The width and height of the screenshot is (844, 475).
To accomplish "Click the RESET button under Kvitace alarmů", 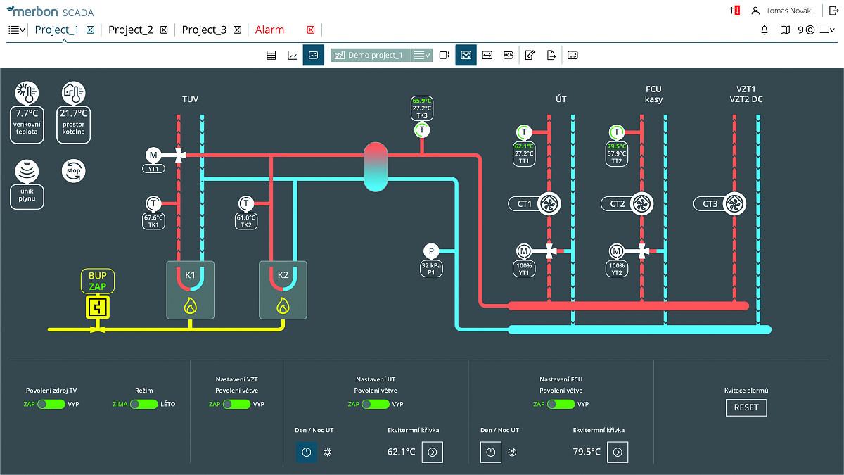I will pos(746,407).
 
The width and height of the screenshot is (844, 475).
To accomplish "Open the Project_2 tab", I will pos(131,30).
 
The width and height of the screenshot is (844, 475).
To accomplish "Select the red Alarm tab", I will pos(269,30).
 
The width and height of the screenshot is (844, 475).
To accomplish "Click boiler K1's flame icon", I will pos(190,305).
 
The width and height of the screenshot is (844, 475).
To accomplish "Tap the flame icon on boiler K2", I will pos(283,305).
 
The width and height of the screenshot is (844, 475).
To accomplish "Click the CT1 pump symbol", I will pos(549,204).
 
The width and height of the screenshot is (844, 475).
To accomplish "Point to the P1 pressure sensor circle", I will pos(431,251).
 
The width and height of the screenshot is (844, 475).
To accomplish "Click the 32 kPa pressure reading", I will pos(431,265).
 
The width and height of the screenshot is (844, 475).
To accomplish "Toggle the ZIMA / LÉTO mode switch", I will pos(143,405).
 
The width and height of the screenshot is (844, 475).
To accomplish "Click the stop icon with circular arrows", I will pos(73,170).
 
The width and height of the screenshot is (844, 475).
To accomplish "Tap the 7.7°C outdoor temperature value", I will pos(27,113).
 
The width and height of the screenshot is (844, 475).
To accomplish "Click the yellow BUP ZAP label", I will pos(97,281).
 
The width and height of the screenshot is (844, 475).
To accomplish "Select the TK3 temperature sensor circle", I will pos(421,129).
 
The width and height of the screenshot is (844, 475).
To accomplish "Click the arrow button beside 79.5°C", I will pos(618,452).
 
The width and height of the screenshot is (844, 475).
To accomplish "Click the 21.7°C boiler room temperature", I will pos(73,113).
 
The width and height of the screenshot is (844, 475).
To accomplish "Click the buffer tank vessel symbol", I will pos(376,166).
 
